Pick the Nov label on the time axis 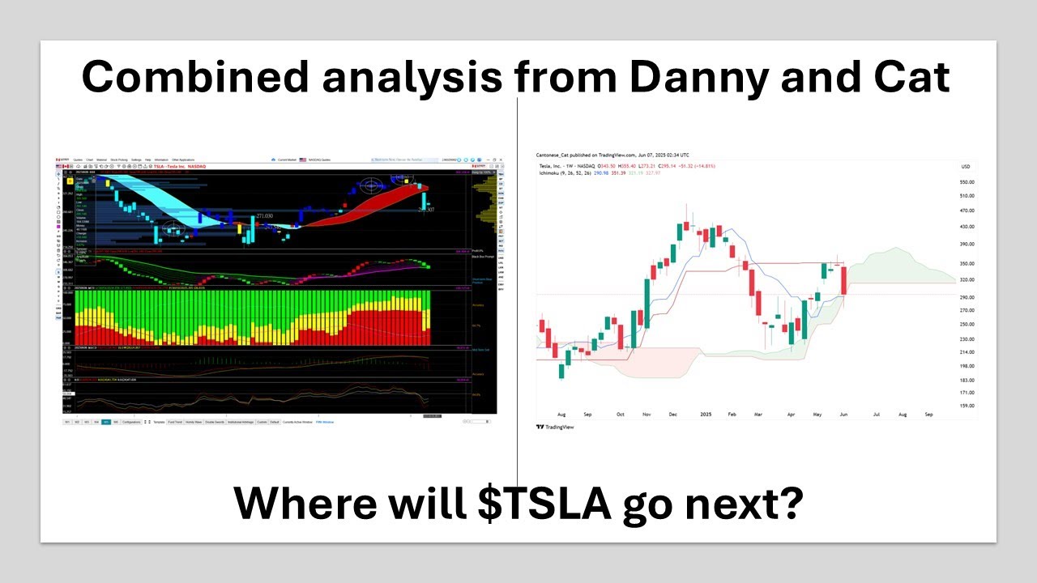pyautogui.click(x=647, y=415)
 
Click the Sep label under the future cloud pyautogui.click(x=928, y=415)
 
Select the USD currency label pyautogui.click(x=965, y=167)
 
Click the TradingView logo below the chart pyautogui.click(x=555, y=427)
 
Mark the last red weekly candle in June pyautogui.click(x=844, y=280)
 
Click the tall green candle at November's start pyautogui.click(x=647, y=301)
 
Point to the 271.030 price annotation pyautogui.click(x=264, y=216)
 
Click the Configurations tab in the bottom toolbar pyautogui.click(x=130, y=422)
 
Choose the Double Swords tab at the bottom pyautogui.click(x=216, y=422)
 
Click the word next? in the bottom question pyautogui.click(x=752, y=503)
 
